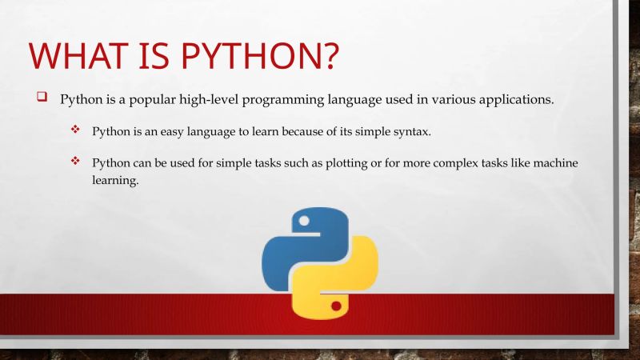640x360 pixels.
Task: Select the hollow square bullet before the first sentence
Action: click(42, 98)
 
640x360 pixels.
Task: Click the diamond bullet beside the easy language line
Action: click(76, 130)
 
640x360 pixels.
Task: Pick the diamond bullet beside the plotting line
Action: click(76, 162)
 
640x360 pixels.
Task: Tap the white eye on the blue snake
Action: click(301, 219)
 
